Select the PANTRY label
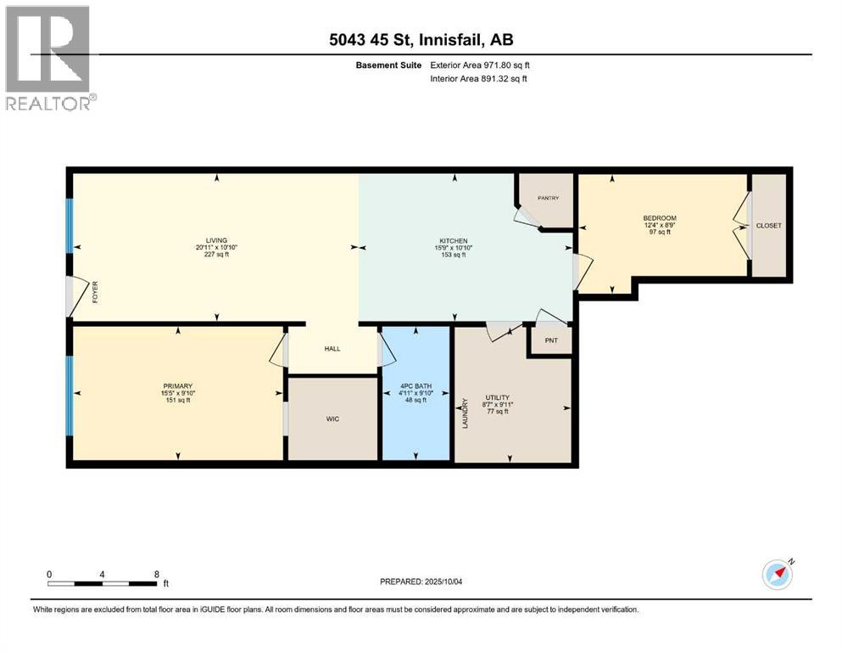click(547, 198)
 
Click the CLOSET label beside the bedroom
click(769, 225)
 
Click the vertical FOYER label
click(96, 294)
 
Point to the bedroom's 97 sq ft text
click(659, 232)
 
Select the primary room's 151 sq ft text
click(177, 400)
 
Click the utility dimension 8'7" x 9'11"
click(497, 405)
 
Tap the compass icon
click(777, 575)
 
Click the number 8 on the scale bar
click(156, 574)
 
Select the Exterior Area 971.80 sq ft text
click(486, 65)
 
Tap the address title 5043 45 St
click(376, 39)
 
